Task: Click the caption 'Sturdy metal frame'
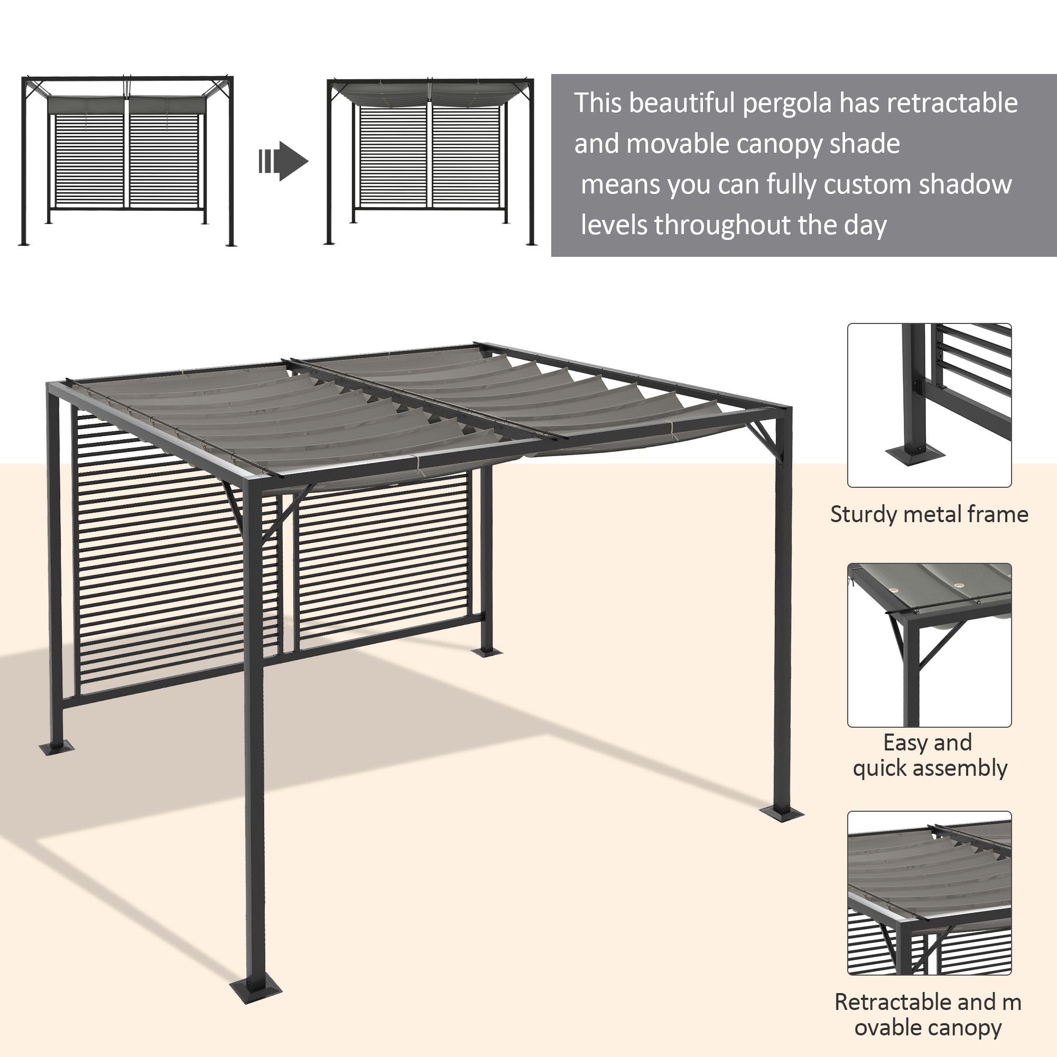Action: [x=929, y=515]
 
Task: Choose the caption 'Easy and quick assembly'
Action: [x=929, y=756]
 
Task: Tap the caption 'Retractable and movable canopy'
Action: [x=929, y=1015]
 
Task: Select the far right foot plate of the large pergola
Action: [x=781, y=813]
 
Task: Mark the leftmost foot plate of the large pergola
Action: [x=56, y=747]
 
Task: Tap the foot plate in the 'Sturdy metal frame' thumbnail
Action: [x=914, y=453]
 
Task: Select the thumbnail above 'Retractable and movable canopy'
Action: [x=929, y=893]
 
